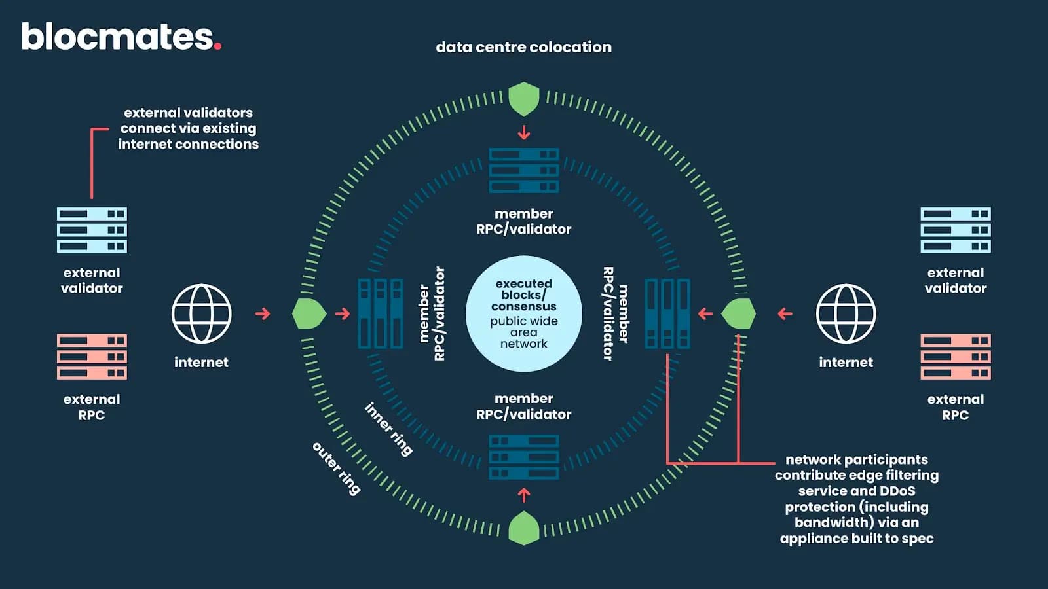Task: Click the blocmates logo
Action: coord(121,37)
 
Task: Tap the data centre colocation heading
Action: coord(523,47)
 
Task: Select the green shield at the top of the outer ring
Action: coord(524,99)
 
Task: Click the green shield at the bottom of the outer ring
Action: coord(524,528)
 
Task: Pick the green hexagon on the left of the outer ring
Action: coord(309,314)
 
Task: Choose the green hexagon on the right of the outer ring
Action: coord(738,314)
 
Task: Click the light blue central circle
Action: coord(524,314)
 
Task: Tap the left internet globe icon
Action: coord(201,314)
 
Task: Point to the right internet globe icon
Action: coord(846,314)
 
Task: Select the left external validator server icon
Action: coord(92,230)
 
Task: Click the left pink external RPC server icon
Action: coord(92,357)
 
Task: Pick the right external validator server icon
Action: coord(955,230)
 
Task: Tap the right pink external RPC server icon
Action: coord(955,357)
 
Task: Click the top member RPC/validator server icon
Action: coord(524,170)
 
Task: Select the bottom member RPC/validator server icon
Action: coord(524,457)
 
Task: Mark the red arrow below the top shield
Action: coord(524,133)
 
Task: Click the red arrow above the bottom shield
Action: coord(524,494)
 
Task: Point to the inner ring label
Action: coord(388,429)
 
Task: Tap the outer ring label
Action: coord(337,469)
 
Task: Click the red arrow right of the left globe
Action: coord(263,314)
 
